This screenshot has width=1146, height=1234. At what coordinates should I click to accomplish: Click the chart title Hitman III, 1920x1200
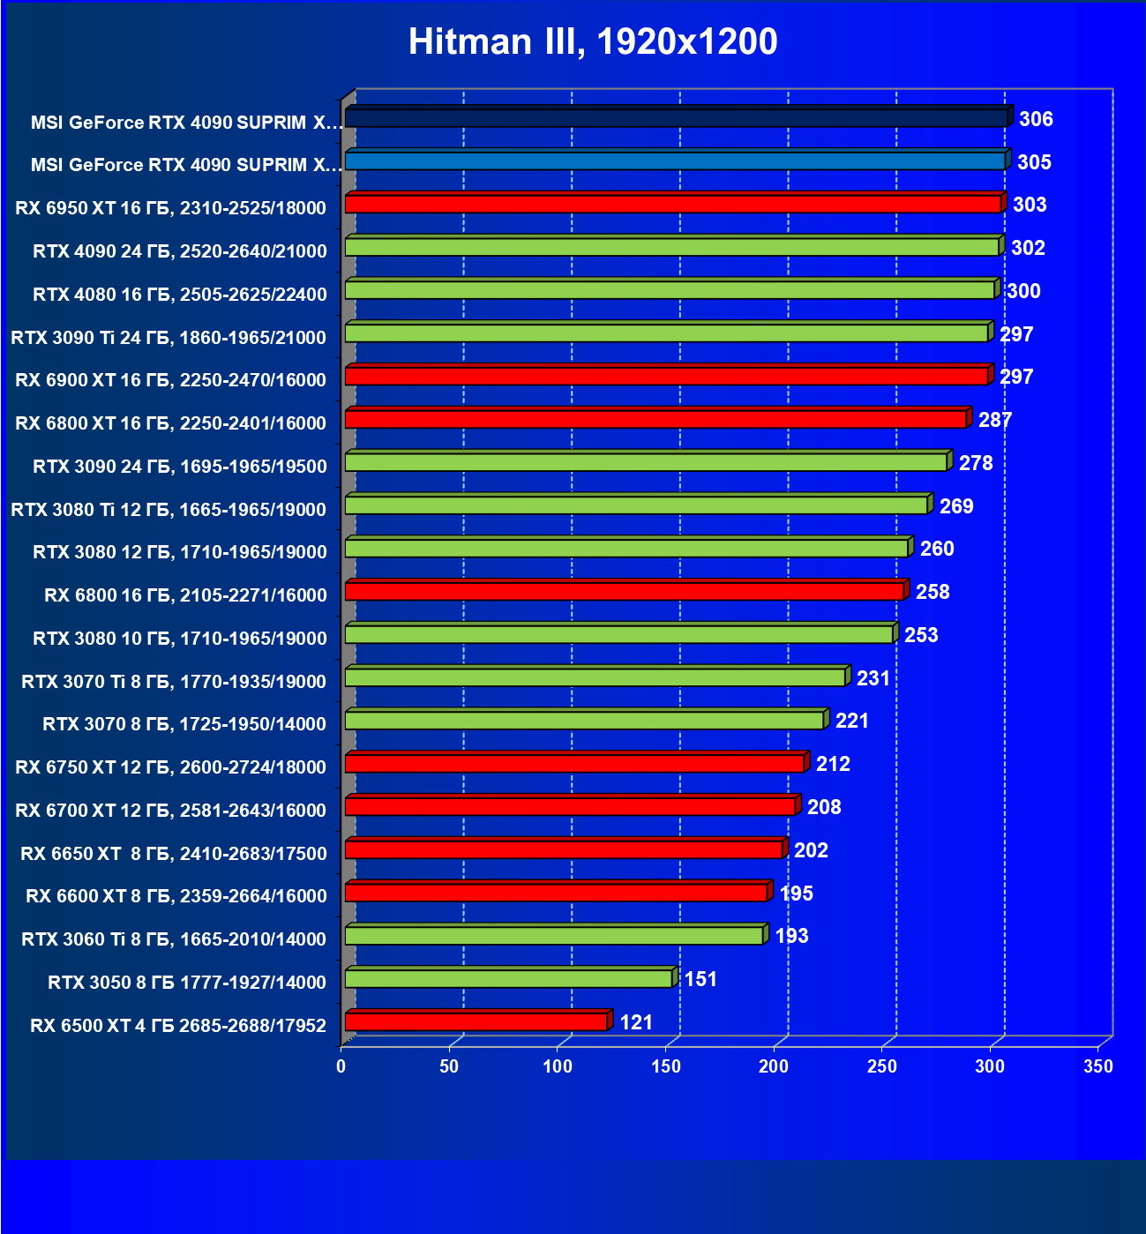pyautogui.click(x=593, y=42)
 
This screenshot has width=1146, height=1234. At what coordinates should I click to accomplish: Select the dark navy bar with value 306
pyautogui.click(x=676, y=118)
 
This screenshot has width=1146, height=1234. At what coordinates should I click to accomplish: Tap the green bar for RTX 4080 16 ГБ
pyautogui.click(x=670, y=290)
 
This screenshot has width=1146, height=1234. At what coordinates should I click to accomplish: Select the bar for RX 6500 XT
pyautogui.click(x=476, y=1022)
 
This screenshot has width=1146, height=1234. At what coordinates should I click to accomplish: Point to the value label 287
pyautogui.click(x=995, y=420)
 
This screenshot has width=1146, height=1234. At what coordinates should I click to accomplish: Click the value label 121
pyautogui.click(x=636, y=1022)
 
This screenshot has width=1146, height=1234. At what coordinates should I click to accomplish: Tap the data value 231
pyautogui.click(x=873, y=678)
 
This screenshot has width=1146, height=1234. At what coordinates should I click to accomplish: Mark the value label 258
pyautogui.click(x=933, y=592)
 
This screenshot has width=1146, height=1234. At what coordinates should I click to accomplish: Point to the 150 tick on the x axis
pyautogui.click(x=666, y=1066)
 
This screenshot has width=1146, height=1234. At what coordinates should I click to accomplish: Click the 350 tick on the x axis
pyautogui.click(x=1098, y=1066)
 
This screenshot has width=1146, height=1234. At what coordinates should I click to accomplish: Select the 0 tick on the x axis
pyautogui.click(x=341, y=1066)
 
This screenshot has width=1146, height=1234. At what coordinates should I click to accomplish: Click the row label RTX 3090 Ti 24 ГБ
pyautogui.click(x=169, y=337)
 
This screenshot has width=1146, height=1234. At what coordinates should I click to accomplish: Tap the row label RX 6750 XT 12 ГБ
pyautogui.click(x=170, y=767)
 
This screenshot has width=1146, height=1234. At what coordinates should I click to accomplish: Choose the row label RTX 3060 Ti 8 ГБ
pyautogui.click(x=174, y=939)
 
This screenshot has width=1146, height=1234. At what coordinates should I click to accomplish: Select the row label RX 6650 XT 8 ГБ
pyautogui.click(x=174, y=853)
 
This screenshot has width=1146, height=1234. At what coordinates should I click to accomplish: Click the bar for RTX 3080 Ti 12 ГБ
pyautogui.click(x=636, y=505)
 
